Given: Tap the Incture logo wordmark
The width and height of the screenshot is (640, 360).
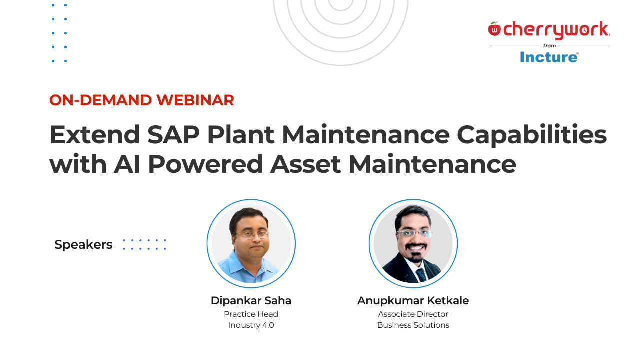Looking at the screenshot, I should pos(549,57).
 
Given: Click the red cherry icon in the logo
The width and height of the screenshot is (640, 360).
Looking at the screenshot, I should pos(494,29).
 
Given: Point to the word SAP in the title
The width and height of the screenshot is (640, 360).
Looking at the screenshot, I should pos(173,135).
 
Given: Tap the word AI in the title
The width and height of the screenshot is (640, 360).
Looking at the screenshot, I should pos(127,165).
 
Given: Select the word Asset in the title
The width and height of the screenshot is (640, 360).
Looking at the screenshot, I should pos(306,165).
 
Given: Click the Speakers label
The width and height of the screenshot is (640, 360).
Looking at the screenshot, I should pos(83,245).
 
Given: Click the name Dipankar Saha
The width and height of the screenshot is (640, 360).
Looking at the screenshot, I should pos(251,301).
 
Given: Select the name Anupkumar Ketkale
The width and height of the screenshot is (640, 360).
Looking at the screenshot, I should pos(413,301).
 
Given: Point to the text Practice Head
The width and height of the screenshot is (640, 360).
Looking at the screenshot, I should pos(251,314).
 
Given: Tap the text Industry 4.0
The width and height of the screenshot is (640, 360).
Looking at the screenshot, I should pos(251,325).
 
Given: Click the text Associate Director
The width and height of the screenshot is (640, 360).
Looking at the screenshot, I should pos(413,314).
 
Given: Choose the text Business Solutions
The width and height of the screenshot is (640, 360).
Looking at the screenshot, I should pos(413,325).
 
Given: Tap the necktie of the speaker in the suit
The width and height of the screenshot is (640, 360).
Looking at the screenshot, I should pos(421,274).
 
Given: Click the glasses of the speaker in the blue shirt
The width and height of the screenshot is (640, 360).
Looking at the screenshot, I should pos(252,234).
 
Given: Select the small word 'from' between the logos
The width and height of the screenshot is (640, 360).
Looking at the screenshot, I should pos(549,46).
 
